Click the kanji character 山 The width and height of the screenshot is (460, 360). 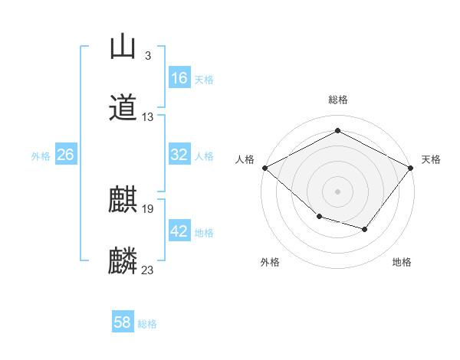[x=122, y=47]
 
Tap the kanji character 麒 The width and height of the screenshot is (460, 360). [x=123, y=199]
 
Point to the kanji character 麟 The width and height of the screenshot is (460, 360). [x=123, y=260]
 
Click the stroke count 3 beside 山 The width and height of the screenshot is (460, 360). [x=147, y=56]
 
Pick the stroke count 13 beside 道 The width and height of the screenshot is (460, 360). [x=148, y=117]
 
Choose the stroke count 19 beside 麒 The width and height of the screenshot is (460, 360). [x=148, y=208]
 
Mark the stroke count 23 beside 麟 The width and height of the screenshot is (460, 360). [x=148, y=270]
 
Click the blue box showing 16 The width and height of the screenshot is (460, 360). [x=179, y=78]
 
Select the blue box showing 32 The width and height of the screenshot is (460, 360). [x=179, y=155]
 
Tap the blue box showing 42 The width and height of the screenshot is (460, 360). [x=179, y=231]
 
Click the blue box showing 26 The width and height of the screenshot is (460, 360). [x=66, y=155]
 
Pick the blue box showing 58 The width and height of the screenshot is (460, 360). [x=123, y=323]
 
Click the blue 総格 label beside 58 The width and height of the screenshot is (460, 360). [x=147, y=324]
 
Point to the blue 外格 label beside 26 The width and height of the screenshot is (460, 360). [x=41, y=155]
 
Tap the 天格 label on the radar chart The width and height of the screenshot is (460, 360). [x=432, y=159]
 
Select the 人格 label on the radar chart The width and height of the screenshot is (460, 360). [x=245, y=159]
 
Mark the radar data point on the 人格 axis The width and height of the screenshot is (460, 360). [x=264, y=168]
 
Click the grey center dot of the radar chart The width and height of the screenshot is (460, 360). [x=337, y=191]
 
